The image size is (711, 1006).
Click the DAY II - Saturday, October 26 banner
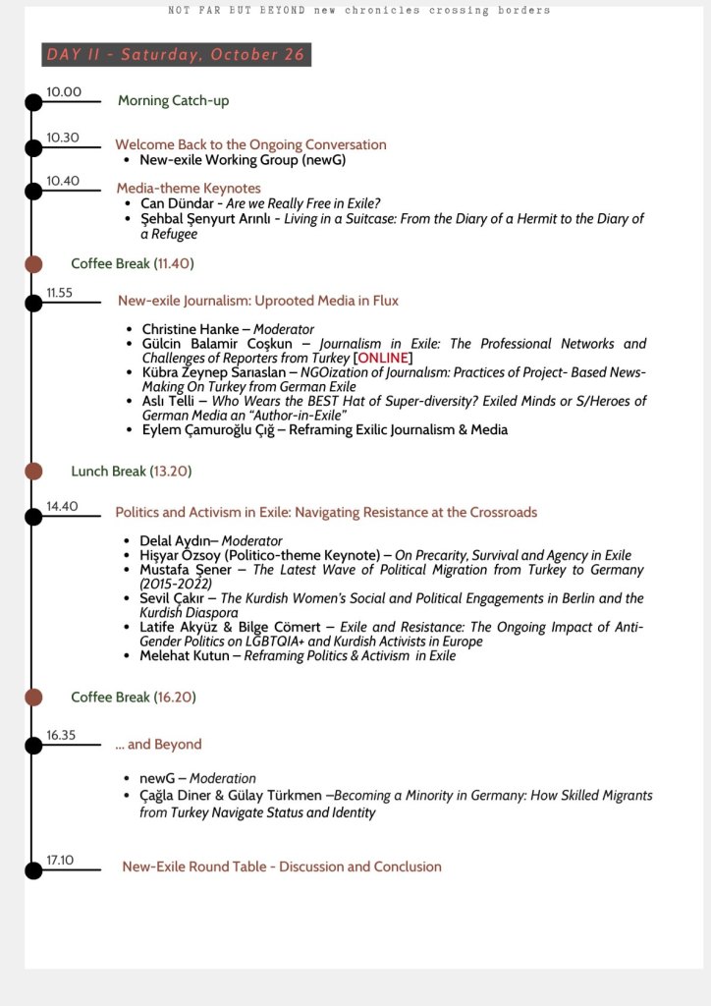tap(176, 55)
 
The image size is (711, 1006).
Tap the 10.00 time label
tap(64, 92)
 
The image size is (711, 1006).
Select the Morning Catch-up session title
tap(173, 101)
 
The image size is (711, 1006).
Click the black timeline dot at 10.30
tap(33, 147)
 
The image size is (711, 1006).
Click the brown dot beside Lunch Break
tap(33, 472)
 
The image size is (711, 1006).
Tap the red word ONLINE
tap(383, 358)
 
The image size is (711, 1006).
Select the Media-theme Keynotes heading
tap(189, 188)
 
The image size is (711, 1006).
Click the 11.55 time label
tap(59, 293)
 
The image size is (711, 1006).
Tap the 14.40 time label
tap(61, 507)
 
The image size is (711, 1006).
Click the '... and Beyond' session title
tap(158, 745)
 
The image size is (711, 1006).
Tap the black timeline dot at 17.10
tap(33, 869)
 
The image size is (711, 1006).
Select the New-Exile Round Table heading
tap(282, 866)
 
